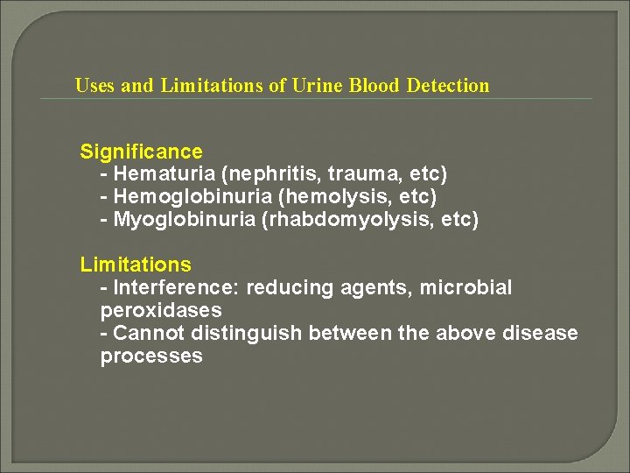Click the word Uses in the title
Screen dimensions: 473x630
(x=94, y=86)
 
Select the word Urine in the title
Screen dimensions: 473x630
(x=315, y=86)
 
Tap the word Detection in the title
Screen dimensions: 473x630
(x=448, y=86)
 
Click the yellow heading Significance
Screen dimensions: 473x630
(x=141, y=152)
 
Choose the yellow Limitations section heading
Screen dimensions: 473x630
(x=136, y=264)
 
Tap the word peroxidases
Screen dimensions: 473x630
(x=161, y=310)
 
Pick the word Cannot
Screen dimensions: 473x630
(x=145, y=333)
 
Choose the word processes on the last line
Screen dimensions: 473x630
(x=151, y=356)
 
